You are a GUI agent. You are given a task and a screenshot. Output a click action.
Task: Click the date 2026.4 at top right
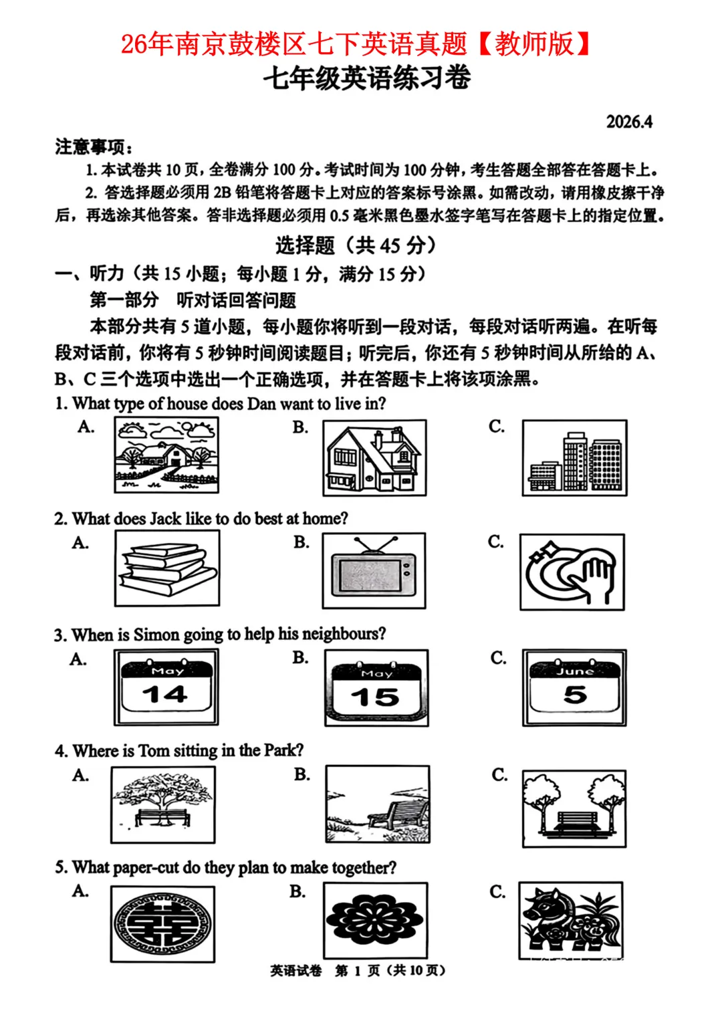click(628, 122)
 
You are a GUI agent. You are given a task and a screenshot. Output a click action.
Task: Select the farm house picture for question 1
click(166, 455)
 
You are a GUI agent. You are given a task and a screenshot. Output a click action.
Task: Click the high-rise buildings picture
click(574, 458)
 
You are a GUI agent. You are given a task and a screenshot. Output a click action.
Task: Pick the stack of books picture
click(167, 568)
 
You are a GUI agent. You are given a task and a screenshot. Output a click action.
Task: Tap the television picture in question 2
click(374, 570)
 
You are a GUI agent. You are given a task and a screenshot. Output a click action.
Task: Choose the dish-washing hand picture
click(572, 572)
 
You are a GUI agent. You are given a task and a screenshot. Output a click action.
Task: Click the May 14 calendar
click(166, 687)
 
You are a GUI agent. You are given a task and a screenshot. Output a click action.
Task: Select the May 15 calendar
click(376, 688)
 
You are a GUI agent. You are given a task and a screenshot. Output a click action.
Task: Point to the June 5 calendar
click(574, 687)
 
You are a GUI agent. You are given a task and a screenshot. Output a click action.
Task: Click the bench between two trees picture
click(574, 808)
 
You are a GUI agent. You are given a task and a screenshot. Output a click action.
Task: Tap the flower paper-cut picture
click(375, 920)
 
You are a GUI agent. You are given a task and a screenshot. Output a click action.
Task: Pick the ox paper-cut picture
click(571, 921)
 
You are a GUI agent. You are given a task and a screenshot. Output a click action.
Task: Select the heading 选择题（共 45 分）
click(356, 245)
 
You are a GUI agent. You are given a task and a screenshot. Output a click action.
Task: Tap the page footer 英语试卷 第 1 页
click(357, 970)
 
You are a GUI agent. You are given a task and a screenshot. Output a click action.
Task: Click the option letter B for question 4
click(302, 774)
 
